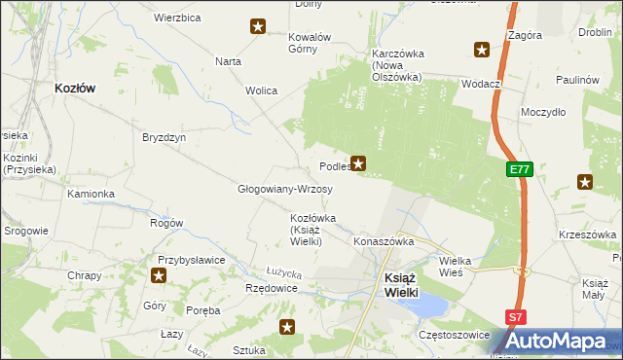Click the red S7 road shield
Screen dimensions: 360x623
(x=516, y=317)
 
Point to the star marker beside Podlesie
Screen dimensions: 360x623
(x=359, y=163)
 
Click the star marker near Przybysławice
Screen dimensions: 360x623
(x=159, y=275)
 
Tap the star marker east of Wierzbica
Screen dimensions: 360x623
(x=258, y=26)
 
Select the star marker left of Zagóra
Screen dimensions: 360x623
(x=481, y=50)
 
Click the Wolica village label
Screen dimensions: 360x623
(x=261, y=90)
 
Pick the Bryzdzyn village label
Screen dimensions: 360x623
(x=164, y=137)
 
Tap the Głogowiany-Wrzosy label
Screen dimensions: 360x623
(x=285, y=189)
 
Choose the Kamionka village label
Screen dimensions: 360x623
(x=91, y=194)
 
